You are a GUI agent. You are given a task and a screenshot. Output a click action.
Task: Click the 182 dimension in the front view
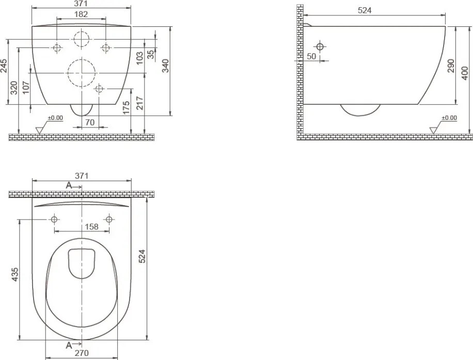[81, 14]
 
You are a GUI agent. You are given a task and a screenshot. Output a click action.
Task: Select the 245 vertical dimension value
[4, 66]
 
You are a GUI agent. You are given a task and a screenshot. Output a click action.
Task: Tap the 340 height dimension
[166, 66]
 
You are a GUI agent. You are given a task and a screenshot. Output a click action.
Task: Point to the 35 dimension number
[151, 54]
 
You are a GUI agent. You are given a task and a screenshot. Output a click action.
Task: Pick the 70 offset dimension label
[90, 122]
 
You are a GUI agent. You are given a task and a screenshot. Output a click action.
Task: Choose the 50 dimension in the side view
[311, 56]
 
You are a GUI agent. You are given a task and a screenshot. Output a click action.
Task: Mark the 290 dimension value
[451, 66]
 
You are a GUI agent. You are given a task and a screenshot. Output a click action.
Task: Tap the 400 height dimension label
[465, 73]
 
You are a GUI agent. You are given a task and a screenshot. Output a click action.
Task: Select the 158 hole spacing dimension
[92, 227]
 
